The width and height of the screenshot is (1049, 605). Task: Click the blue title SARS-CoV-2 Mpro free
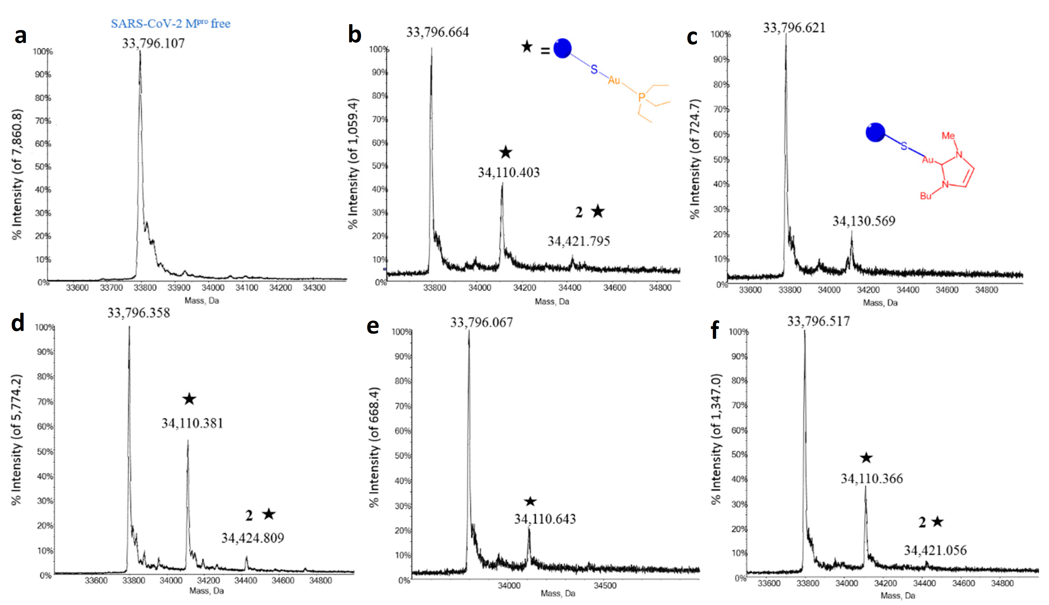pyautogui.click(x=170, y=24)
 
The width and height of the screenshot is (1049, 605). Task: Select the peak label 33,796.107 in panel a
pyautogui.click(x=153, y=43)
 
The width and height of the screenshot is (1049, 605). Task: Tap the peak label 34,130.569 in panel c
pyautogui.click(x=864, y=221)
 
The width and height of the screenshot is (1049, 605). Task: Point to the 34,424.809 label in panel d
pyautogui.click(x=253, y=538)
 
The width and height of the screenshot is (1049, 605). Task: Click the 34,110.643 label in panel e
pyautogui.click(x=545, y=519)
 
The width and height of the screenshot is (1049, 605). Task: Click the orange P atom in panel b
pyautogui.click(x=641, y=98)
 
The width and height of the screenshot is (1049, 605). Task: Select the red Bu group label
pyautogui.click(x=926, y=196)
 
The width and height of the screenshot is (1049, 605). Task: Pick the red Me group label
pyautogui.click(x=948, y=136)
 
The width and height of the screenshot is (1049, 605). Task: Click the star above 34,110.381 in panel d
pyautogui.click(x=189, y=399)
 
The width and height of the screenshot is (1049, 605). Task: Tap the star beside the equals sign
pyautogui.click(x=526, y=47)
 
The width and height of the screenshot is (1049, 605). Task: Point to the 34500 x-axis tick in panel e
pyautogui.click(x=605, y=585)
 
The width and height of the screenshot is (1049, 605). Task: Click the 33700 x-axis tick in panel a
pyautogui.click(x=111, y=287)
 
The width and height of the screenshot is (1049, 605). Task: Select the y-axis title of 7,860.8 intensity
pyautogui.click(x=17, y=174)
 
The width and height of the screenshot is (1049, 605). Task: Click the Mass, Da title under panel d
pyautogui.click(x=207, y=590)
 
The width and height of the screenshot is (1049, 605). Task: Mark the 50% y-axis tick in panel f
pyautogui.click(x=739, y=455)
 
